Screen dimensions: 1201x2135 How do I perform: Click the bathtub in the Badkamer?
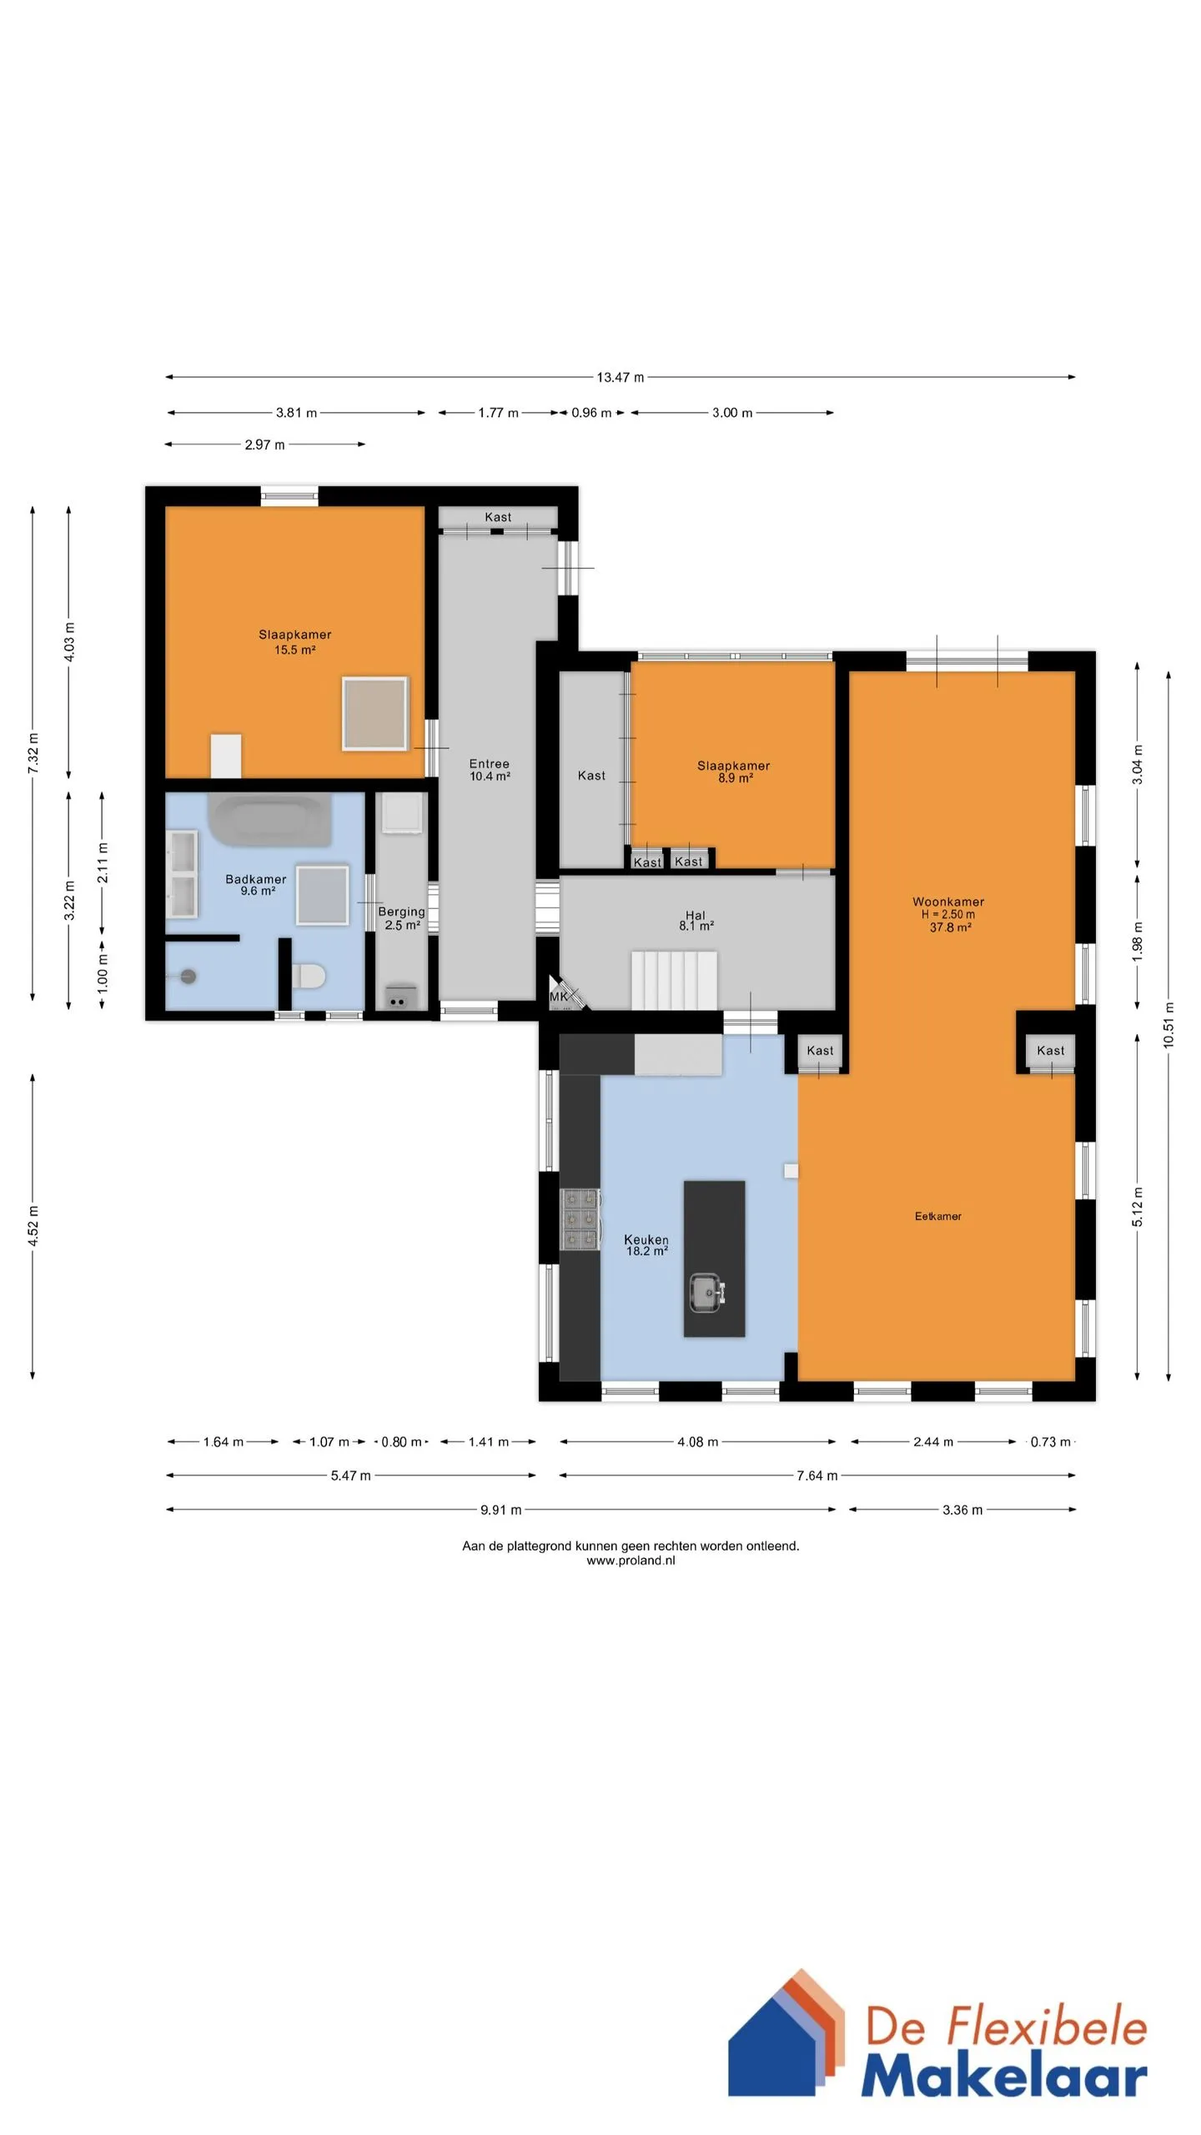[x=269, y=820]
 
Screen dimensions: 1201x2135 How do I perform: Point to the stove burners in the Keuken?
[x=580, y=1219]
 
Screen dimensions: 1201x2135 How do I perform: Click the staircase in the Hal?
[x=674, y=980]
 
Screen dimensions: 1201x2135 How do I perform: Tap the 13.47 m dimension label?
[x=620, y=377]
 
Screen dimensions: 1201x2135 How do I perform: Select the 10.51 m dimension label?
[x=1168, y=1024]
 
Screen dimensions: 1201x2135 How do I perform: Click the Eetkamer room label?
[x=938, y=1216]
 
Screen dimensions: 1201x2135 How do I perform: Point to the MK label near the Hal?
[x=558, y=997]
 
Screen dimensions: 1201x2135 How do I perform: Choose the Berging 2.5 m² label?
[x=402, y=918]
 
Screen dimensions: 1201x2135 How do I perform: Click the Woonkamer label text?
[x=948, y=902]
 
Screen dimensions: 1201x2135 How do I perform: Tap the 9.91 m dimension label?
[x=500, y=1510]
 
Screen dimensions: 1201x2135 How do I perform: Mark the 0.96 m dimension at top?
[x=591, y=413]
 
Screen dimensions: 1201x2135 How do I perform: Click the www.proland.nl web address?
[x=631, y=1560]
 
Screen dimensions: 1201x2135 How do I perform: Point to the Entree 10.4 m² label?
[x=490, y=770]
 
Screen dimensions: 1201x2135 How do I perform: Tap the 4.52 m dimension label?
[x=33, y=1227]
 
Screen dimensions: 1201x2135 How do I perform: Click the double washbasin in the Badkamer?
[x=183, y=873]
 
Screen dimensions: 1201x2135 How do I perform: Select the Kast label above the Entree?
[x=498, y=517]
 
